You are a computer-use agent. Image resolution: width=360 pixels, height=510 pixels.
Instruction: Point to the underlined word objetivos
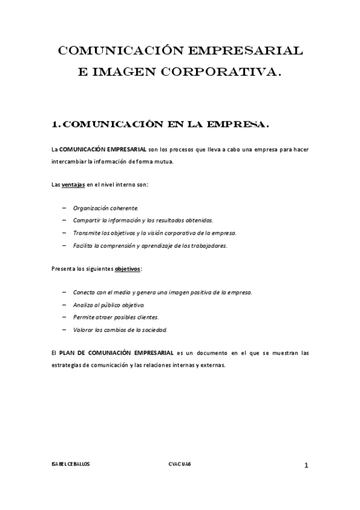[127, 269]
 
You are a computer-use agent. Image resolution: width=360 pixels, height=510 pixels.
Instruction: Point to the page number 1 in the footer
[306, 465]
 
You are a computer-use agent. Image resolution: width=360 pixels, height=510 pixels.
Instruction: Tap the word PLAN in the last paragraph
[68, 352]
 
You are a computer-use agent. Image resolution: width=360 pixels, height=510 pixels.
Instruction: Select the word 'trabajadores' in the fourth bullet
[209, 245]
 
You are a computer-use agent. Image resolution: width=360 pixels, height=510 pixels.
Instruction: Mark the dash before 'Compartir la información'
[64, 220]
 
